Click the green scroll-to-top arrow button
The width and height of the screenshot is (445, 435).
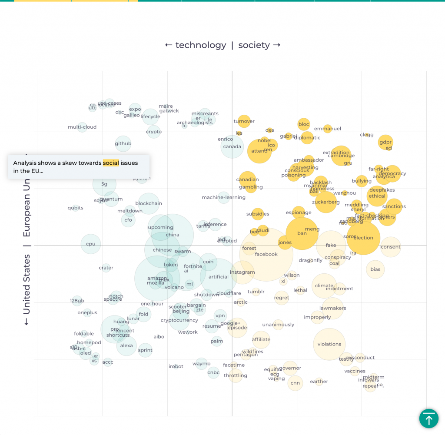(x=428, y=419)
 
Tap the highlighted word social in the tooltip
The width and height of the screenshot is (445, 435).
(x=111, y=163)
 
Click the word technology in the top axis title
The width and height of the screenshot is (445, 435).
(x=201, y=45)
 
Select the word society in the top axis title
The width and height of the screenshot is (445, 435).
(x=254, y=45)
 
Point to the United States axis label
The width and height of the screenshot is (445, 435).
(x=27, y=284)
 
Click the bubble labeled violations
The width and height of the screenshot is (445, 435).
(x=329, y=344)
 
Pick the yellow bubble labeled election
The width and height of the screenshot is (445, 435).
(x=363, y=238)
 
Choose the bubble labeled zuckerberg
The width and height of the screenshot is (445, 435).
(x=325, y=202)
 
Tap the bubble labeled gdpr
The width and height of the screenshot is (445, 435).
(x=385, y=142)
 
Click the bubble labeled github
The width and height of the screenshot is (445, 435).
(x=123, y=144)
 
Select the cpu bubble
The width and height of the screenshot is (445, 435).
(x=90, y=244)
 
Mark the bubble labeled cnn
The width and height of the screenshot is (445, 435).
(x=295, y=383)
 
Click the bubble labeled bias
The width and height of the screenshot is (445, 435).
(x=375, y=269)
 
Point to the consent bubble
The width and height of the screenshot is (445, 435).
(x=391, y=247)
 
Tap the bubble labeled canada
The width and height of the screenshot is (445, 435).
(x=232, y=146)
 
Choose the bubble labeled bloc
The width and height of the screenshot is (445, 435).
(x=304, y=124)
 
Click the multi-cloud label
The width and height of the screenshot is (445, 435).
(x=82, y=127)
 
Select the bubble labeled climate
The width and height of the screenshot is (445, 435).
(x=324, y=286)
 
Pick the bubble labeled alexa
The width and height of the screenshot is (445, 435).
(x=126, y=346)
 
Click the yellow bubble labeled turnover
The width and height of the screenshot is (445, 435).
(x=244, y=121)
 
